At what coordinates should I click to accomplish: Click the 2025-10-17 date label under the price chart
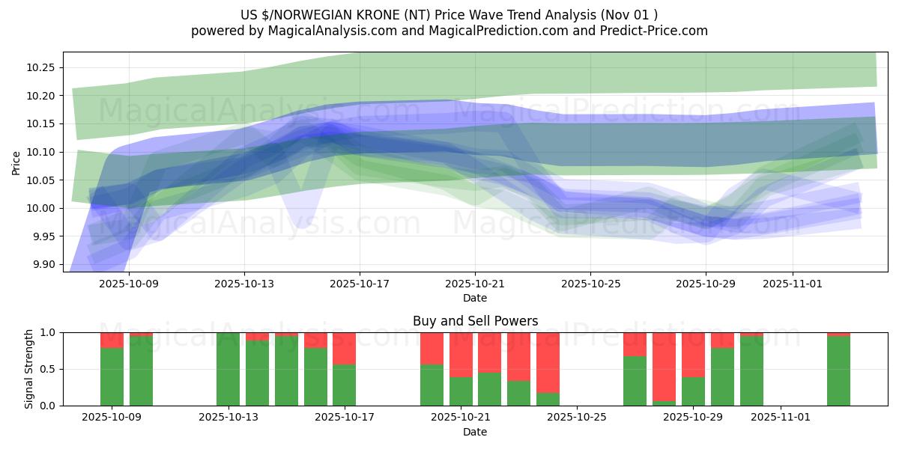pyautogui.click(x=359, y=284)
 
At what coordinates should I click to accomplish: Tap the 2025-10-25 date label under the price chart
pyautogui.click(x=590, y=284)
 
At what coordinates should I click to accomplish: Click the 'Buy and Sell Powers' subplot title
pyautogui.click(x=475, y=321)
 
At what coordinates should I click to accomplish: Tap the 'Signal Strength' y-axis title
pyautogui.click(x=29, y=369)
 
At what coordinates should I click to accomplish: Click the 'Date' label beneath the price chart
pyautogui.click(x=475, y=298)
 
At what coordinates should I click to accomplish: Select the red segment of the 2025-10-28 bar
pyautogui.click(x=664, y=367)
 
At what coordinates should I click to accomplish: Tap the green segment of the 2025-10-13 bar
pyautogui.click(x=228, y=369)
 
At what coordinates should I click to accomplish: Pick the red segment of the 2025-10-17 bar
pyautogui.click(x=344, y=348)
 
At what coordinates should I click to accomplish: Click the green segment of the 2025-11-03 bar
pyautogui.click(x=838, y=371)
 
